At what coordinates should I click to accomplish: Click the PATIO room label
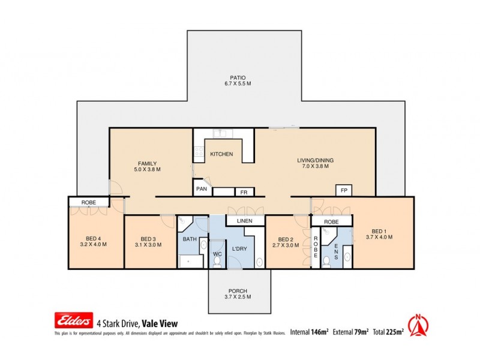point(238,77)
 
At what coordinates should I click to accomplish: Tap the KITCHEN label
point(221,154)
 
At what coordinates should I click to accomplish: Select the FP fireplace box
point(344,190)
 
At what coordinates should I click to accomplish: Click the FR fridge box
point(244,193)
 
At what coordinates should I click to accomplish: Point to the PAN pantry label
point(202,190)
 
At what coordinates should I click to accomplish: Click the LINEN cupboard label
point(245,221)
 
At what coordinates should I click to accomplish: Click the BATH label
point(190,239)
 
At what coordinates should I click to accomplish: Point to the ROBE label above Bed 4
point(88,203)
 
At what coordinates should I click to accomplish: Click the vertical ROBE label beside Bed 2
point(315,247)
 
